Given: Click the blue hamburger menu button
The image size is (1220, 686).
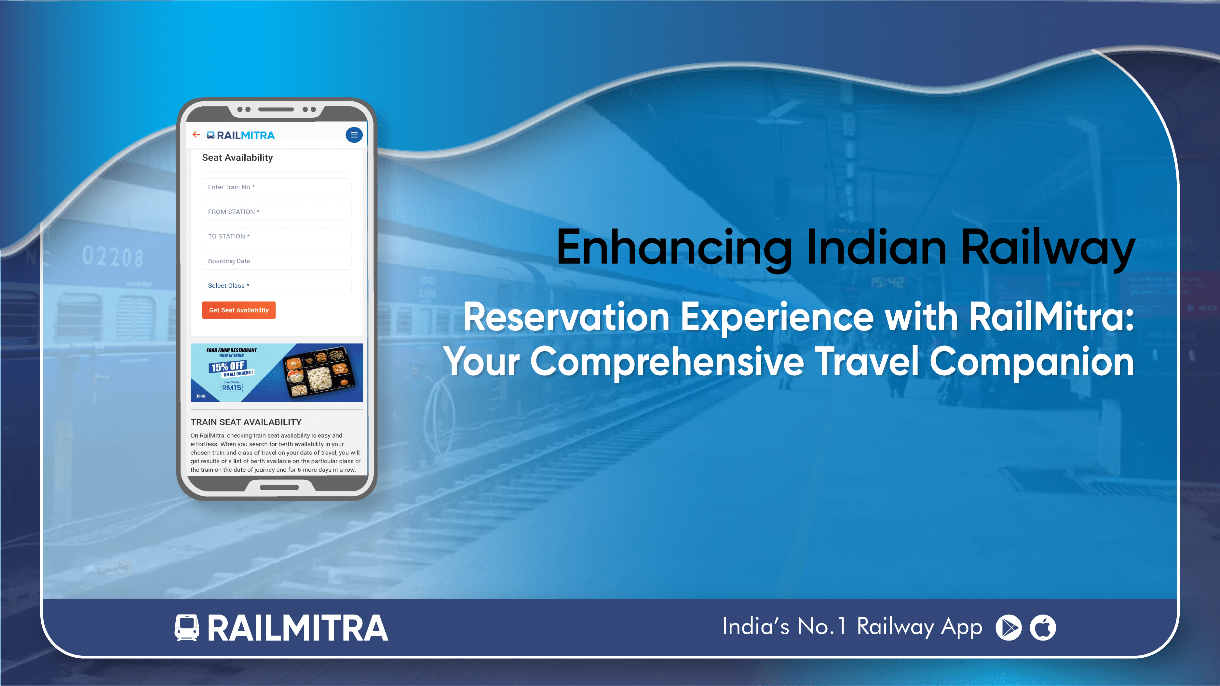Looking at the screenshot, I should pos(354,135).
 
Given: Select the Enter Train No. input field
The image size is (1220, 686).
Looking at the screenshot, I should pos(276,187).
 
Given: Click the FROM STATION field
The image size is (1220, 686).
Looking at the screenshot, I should pos(276,212).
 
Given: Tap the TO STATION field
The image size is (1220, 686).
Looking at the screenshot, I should pos(276,236).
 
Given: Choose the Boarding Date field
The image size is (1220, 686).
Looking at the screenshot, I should pos(276,261).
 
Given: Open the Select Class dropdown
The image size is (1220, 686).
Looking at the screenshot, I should pos(276,286).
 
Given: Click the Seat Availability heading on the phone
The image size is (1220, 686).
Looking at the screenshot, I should pos(237,158).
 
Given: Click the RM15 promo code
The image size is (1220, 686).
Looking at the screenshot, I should pos(232,388).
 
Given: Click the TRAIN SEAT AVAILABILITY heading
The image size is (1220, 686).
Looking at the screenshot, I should pos(246,422).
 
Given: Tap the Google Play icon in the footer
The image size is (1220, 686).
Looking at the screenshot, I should pos(1009,628).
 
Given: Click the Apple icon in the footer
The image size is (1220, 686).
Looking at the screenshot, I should pos(1043,628).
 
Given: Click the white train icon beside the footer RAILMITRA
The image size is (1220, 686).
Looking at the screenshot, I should pos(187,628).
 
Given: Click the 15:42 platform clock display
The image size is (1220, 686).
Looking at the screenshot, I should pos(888,283).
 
